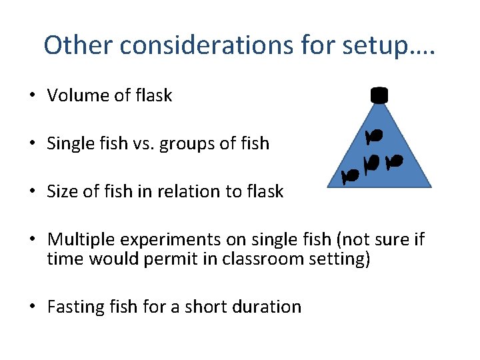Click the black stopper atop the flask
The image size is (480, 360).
coord(379,95)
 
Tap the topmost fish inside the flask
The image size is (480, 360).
coord(373,136)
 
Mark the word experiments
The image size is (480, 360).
coord(163,239)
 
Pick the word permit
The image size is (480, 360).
coord(167,259)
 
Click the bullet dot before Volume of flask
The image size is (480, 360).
coord(31,96)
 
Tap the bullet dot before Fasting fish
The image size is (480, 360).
coord(31,307)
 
